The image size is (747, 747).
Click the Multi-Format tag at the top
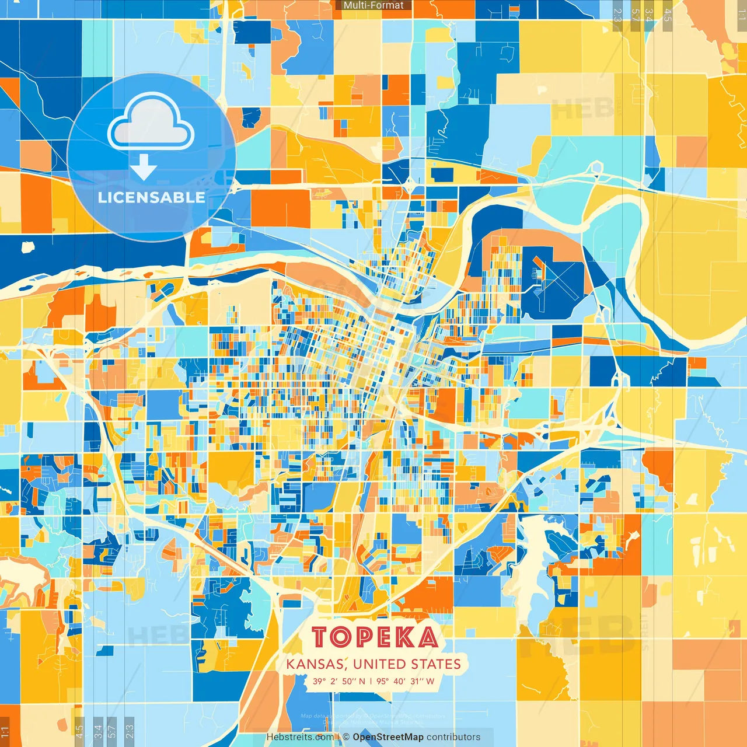pos(373,5)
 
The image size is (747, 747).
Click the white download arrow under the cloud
pos(144,168)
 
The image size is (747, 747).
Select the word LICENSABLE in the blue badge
pos(151,197)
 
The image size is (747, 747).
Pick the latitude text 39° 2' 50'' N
pos(338,681)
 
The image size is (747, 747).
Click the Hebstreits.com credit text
pos(300,737)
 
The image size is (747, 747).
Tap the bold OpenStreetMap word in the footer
pos(388,737)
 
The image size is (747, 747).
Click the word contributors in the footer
pos(453,737)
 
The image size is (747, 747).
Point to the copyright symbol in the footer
pos(346,737)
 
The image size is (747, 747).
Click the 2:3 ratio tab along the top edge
pos(617,15)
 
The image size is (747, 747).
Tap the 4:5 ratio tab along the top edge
pos(668,15)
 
